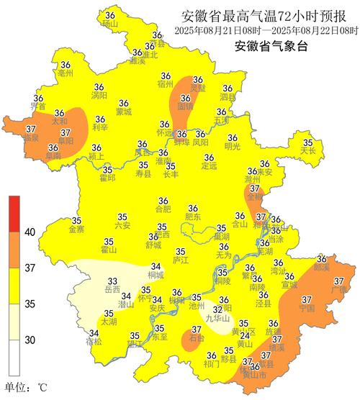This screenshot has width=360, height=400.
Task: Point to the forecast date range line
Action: (x=266, y=31)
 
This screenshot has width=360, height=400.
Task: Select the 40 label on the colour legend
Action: (x=31, y=232)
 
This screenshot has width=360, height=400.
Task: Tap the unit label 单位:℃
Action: (x=26, y=388)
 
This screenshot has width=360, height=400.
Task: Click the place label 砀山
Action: (x=109, y=24)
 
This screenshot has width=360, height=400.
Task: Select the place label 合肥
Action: (x=163, y=209)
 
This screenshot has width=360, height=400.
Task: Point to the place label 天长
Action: (x=308, y=151)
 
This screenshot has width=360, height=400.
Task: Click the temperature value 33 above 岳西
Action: (x=112, y=281)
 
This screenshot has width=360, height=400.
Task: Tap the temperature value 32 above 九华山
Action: (x=217, y=309)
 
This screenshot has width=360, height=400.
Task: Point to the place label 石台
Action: (x=196, y=337)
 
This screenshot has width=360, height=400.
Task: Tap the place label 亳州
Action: (x=66, y=73)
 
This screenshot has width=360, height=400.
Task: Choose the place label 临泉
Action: (x=31, y=138)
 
